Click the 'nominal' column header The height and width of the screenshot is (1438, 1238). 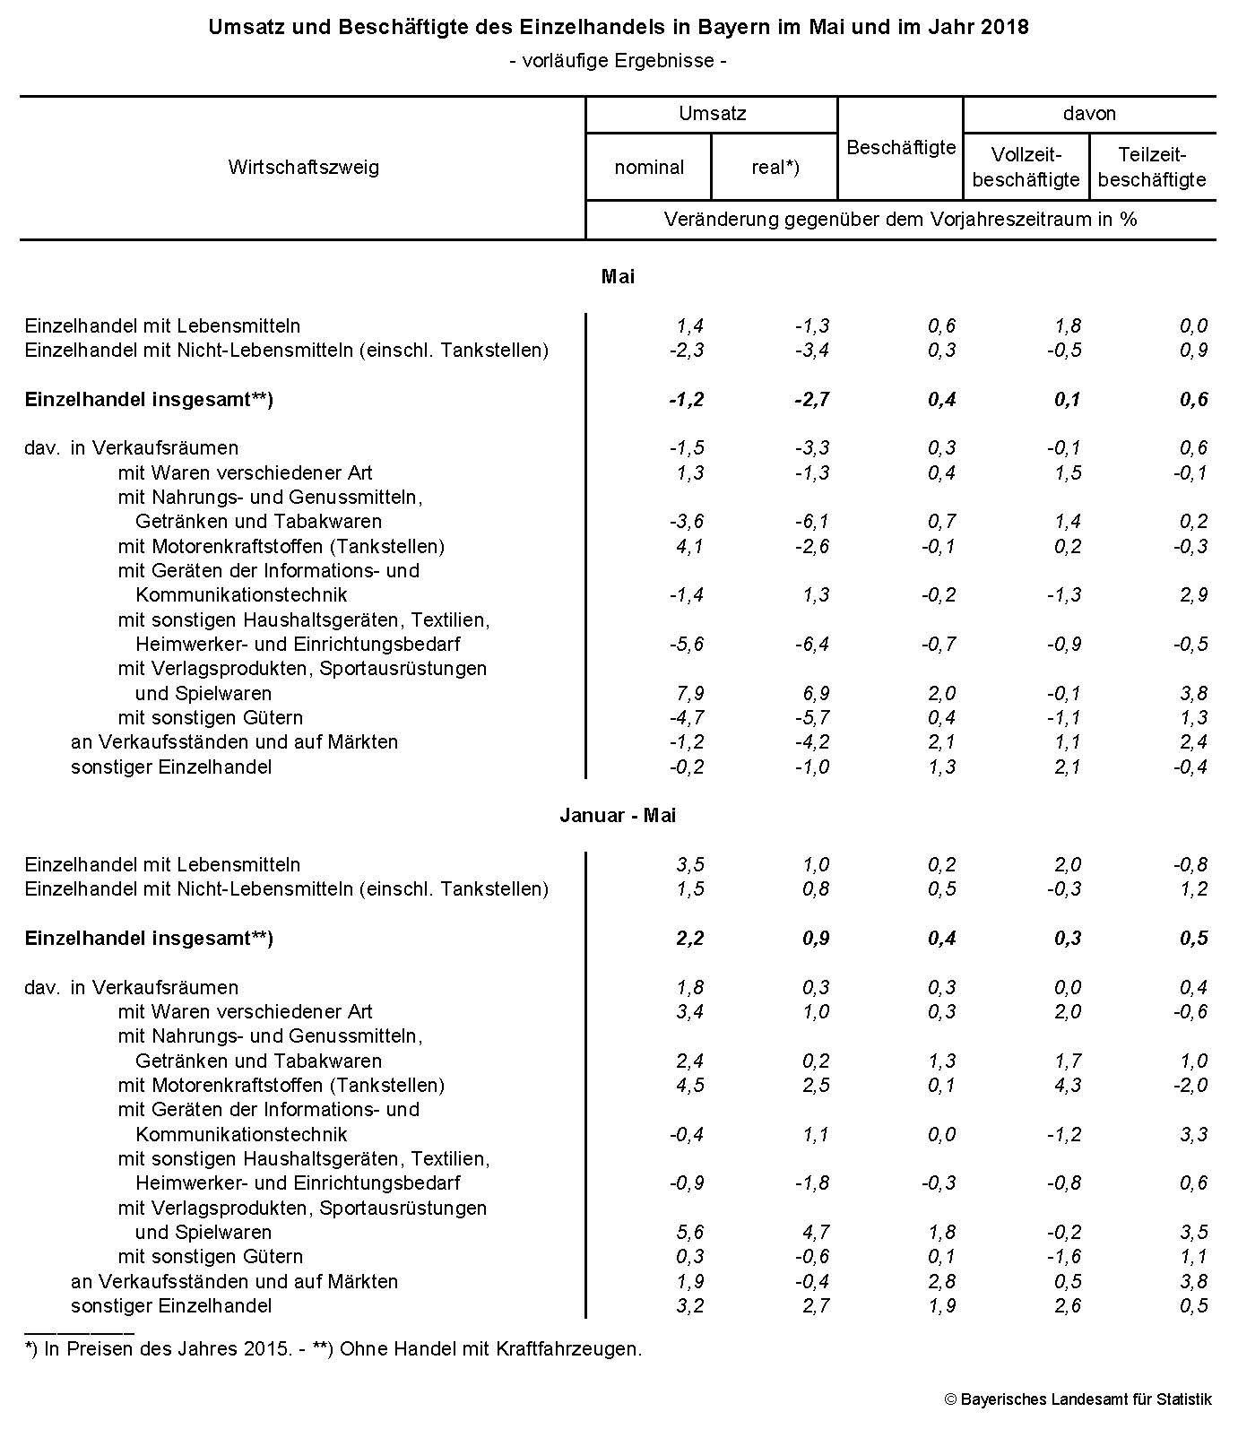[x=648, y=167]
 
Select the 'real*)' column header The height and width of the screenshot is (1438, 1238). [x=775, y=167]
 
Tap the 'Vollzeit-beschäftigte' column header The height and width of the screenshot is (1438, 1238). [x=1026, y=167]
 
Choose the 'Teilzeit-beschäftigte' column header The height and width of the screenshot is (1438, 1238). [x=1152, y=167]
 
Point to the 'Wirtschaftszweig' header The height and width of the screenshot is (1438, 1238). [x=303, y=167]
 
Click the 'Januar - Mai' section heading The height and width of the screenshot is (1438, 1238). [x=618, y=815]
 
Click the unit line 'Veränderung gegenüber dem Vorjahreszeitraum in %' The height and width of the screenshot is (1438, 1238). [x=900, y=220]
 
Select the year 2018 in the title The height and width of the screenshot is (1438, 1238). [x=1005, y=27]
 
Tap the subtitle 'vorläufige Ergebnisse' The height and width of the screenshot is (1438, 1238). [x=618, y=61]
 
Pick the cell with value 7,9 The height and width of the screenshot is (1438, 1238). [x=688, y=693]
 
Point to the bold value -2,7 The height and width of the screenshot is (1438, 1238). [x=811, y=399]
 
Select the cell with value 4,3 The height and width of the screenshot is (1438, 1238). [x=1068, y=1085]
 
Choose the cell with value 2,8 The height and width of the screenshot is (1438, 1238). [x=942, y=1281]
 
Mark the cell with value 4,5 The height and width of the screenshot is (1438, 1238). [x=689, y=1085]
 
